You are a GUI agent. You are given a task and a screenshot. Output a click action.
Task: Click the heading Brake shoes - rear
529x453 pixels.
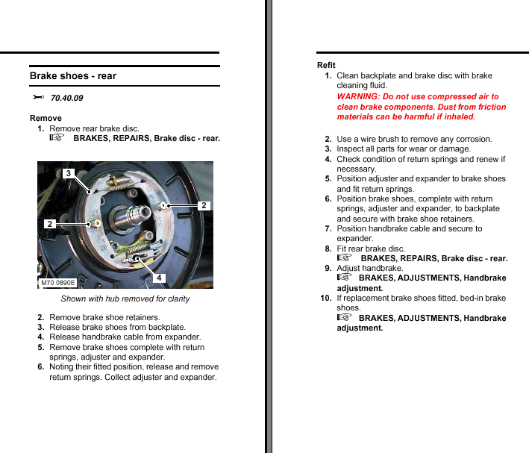click(x=73, y=75)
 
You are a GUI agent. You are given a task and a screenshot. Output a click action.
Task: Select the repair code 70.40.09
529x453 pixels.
click(x=66, y=99)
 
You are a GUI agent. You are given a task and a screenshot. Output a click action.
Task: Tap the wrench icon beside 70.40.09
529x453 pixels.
click(x=38, y=98)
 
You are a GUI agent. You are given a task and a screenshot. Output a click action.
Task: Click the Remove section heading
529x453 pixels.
click(x=46, y=118)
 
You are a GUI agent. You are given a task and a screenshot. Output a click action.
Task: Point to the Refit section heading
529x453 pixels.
click(x=326, y=65)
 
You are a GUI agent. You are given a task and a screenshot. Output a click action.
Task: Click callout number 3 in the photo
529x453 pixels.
click(x=68, y=173)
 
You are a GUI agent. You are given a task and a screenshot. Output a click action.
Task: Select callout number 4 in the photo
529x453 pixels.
click(x=159, y=278)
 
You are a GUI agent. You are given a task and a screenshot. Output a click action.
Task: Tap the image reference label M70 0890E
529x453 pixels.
click(x=58, y=283)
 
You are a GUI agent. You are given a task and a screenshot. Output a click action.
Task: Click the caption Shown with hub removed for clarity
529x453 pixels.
click(x=125, y=299)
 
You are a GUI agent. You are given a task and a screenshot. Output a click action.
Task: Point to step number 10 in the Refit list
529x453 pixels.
click(x=326, y=298)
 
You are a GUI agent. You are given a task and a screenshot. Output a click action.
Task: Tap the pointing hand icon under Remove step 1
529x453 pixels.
click(x=57, y=138)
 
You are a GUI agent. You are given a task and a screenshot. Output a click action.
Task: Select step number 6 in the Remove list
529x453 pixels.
click(x=41, y=366)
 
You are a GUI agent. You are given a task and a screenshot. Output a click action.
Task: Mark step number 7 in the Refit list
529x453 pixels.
click(x=328, y=228)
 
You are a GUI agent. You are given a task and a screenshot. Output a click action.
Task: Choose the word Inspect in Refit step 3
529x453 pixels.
click(x=351, y=149)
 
